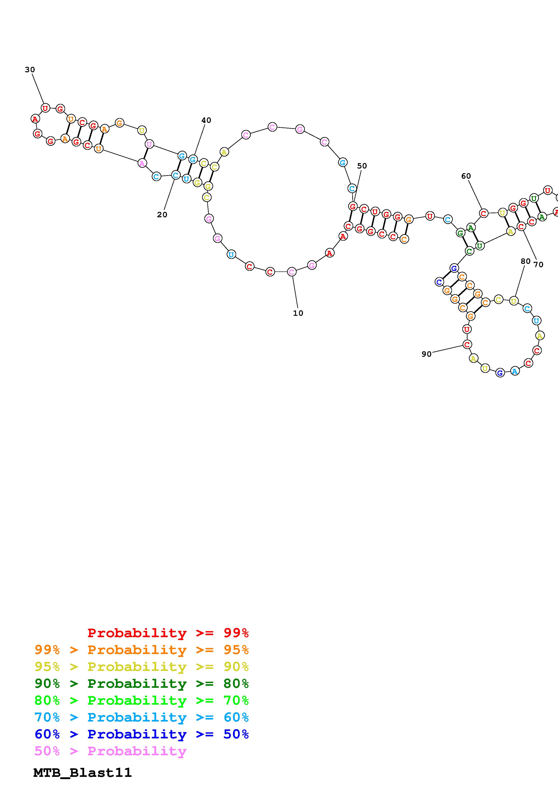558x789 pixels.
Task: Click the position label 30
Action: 30,70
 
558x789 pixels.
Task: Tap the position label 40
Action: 206,120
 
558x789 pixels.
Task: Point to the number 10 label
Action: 298,313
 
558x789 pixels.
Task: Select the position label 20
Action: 162,215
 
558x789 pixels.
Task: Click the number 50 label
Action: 362,166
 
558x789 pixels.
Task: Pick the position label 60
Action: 466,176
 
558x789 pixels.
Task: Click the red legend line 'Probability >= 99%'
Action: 168,633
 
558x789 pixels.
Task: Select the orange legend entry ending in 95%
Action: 142,650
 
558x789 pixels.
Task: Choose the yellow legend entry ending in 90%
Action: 142,667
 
